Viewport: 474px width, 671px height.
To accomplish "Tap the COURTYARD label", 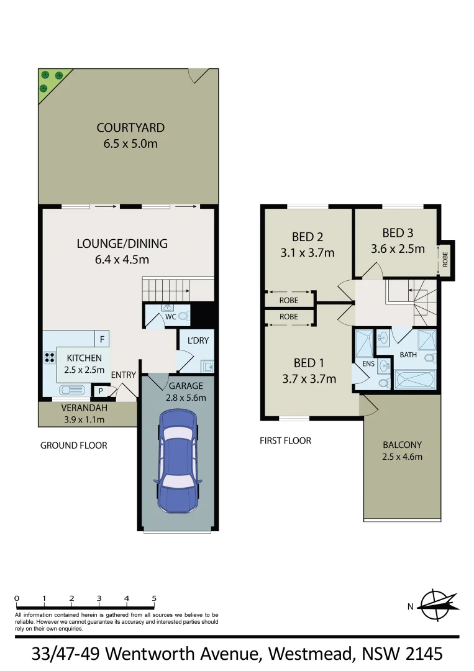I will [130, 128].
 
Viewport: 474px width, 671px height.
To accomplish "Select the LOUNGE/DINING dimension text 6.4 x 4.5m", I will [122, 260].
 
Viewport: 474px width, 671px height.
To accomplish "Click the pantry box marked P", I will [99, 391].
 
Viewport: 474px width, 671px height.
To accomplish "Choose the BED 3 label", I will [398, 233].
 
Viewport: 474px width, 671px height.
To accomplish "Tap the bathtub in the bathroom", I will [415, 380].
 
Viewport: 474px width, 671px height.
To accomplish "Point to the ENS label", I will [368, 363].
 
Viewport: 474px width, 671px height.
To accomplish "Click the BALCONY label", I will [402, 445].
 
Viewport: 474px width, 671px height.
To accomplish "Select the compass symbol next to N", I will [437, 603].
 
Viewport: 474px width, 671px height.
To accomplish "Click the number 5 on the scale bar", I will [154, 598].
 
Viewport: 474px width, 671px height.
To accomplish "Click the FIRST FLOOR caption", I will [285, 440].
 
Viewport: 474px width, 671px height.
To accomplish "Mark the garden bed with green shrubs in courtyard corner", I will [50, 81].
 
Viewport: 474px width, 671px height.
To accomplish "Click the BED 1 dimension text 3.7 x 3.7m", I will [309, 379].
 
